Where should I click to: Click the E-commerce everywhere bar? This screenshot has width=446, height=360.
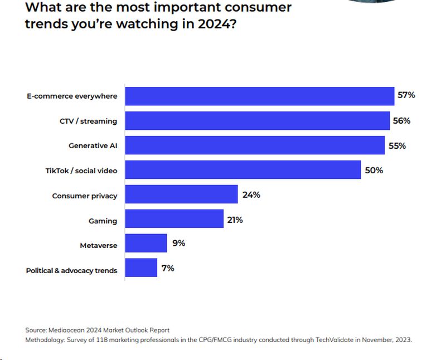tap(259, 96)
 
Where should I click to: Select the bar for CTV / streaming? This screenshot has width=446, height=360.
tap(257, 121)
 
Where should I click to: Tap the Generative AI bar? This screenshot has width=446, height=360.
tap(255, 145)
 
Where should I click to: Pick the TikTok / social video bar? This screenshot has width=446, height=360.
tap(243, 170)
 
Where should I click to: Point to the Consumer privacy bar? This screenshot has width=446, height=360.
tap(181, 195)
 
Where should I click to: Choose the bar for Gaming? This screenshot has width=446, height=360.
tap(174, 220)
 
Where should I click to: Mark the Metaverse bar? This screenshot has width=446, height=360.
tap(146, 244)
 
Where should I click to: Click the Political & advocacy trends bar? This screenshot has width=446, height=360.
tap(141, 268)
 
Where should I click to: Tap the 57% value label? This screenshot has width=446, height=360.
tap(406, 95)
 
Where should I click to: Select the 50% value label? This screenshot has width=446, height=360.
tap(374, 170)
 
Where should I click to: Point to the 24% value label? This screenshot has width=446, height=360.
tap(251, 195)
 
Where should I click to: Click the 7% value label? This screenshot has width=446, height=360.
tap(168, 268)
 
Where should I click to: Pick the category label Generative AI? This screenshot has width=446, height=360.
tap(93, 146)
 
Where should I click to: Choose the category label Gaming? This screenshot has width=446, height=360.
tap(103, 221)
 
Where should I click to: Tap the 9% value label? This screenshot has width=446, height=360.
tap(178, 244)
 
